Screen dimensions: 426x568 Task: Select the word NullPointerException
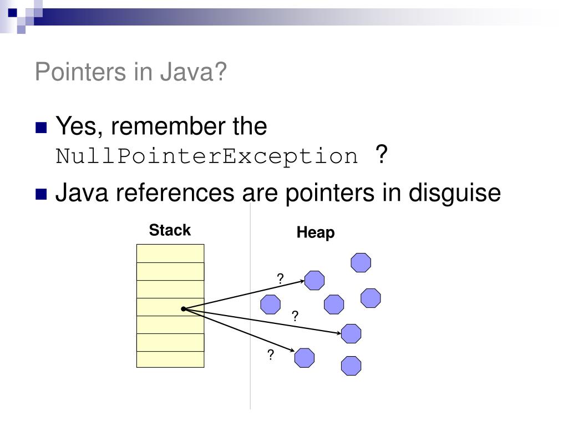[x=207, y=156]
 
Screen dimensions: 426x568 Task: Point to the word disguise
[x=455, y=193]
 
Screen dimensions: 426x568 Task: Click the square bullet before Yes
[x=41, y=128]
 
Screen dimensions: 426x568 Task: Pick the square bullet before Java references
[x=41, y=195]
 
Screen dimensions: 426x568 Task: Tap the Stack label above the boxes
[x=170, y=230]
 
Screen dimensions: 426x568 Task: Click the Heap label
[x=316, y=232]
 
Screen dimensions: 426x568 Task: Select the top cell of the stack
[x=170, y=253]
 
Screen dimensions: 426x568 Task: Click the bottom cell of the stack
[x=170, y=359]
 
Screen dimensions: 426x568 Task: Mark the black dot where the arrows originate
[x=184, y=309]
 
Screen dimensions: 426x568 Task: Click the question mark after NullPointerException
[x=381, y=154]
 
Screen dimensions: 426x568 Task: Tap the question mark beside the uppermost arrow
[x=281, y=280]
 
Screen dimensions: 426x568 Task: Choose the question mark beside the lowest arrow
[x=271, y=355]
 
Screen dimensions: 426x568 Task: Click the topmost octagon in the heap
[x=361, y=262]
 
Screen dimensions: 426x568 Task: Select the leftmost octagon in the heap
[x=271, y=305]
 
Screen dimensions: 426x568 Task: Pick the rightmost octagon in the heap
[x=371, y=298]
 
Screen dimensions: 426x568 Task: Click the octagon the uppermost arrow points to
[x=315, y=280]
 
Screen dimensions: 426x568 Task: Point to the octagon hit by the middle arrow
[x=351, y=333]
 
